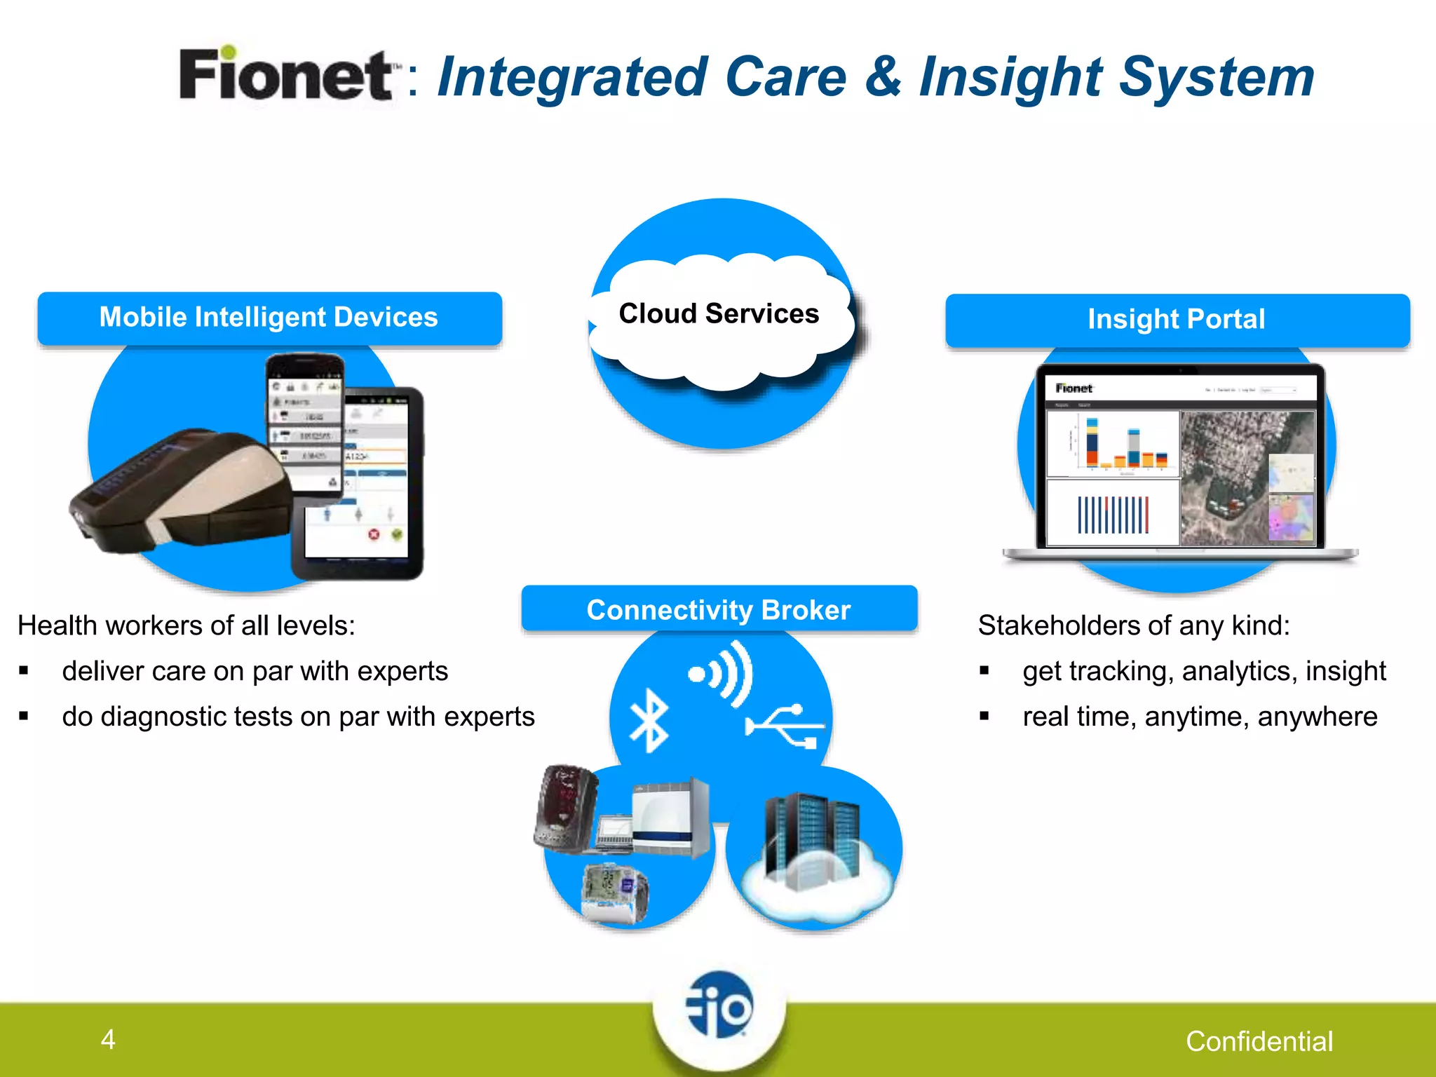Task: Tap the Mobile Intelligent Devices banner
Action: click(269, 318)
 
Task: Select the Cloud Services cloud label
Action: click(719, 313)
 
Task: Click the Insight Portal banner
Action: click(1177, 320)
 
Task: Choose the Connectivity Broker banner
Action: click(719, 609)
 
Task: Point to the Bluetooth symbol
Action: click(649, 720)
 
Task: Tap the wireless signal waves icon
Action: click(722, 674)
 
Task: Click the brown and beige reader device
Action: click(182, 491)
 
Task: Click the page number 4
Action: click(108, 1039)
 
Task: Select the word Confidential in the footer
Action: click(1259, 1041)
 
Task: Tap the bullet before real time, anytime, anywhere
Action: click(984, 717)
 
